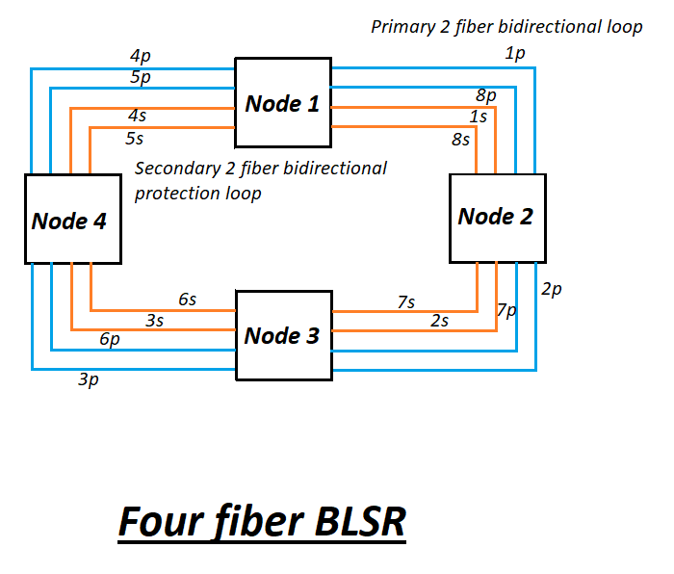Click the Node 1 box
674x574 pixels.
[283, 104]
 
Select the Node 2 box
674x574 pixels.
[497, 217]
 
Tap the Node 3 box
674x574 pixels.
[283, 336]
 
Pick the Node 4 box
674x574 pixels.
[72, 220]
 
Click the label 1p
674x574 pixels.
[515, 54]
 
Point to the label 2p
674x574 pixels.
[551, 288]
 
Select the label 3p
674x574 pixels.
[88, 380]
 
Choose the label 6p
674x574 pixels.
[109, 339]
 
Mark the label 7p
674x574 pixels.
[506, 310]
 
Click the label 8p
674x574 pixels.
[486, 95]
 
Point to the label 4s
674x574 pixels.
[137, 116]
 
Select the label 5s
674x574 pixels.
[135, 138]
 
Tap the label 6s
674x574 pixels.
[187, 300]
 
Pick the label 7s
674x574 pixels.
[406, 302]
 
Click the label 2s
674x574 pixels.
[439, 321]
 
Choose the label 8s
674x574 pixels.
[460, 139]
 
